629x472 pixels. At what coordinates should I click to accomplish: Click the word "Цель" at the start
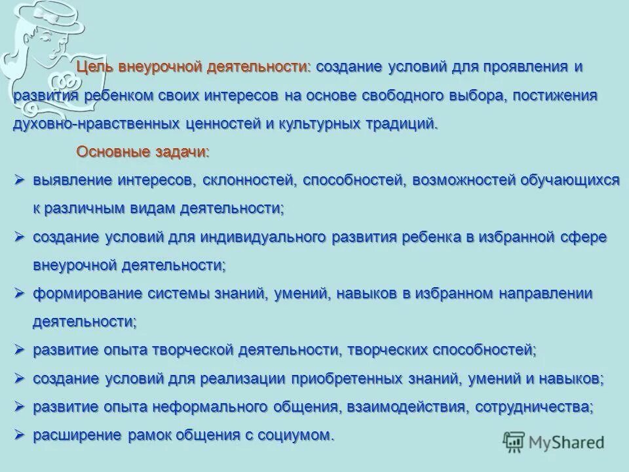click(92, 67)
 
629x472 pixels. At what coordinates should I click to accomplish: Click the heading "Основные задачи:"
click(143, 152)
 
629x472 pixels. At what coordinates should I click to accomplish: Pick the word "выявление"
click(72, 180)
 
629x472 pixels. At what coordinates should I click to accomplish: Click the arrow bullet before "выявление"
click(20, 180)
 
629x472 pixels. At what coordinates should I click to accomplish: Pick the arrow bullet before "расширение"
click(20, 435)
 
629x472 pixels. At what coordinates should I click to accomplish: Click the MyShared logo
click(554, 442)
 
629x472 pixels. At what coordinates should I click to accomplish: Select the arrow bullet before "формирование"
click(20, 293)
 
